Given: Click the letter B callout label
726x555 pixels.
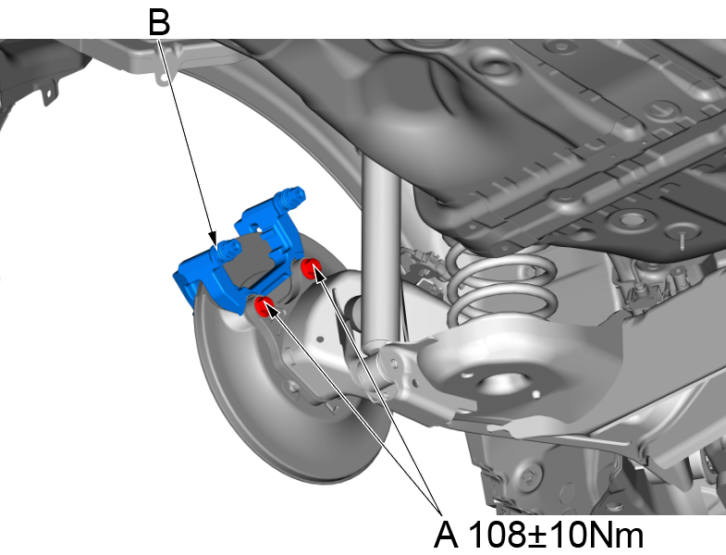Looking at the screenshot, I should tap(159, 22).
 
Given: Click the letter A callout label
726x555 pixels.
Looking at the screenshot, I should tap(447, 534).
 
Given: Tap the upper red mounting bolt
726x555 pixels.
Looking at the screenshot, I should tap(314, 269).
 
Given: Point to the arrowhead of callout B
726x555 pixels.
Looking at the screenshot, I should tap(214, 241).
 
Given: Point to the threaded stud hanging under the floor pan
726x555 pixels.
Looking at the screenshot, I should tap(680, 238).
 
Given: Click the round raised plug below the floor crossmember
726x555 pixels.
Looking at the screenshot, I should tap(633, 220).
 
